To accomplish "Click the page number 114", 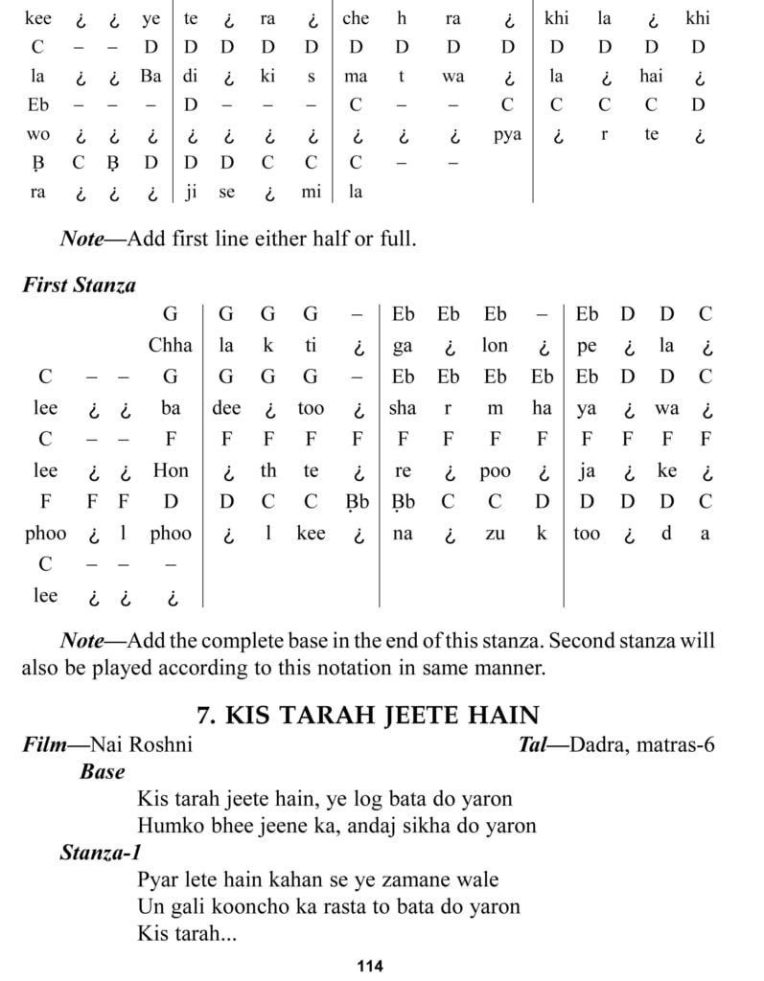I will pos(369,966).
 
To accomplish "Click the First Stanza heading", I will pos(80,285).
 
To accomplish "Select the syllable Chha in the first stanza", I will pos(171,346).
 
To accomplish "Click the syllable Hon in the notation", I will pos(171,470).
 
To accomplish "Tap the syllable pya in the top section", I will pos(507,135).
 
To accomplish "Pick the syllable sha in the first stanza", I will pos(403,408).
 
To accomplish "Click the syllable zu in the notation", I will pos(495,534).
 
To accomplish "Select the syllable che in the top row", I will pos(356,18).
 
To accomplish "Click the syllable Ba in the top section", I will pos(150,77).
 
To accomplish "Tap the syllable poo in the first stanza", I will pos(495,470).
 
